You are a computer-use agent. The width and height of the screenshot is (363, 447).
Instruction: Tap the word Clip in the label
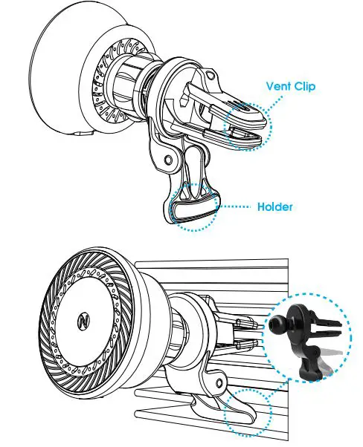(305, 86)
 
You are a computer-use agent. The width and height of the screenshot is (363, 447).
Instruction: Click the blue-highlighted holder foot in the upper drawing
(194, 212)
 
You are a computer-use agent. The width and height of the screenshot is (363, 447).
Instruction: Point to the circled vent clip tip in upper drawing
(248, 123)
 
